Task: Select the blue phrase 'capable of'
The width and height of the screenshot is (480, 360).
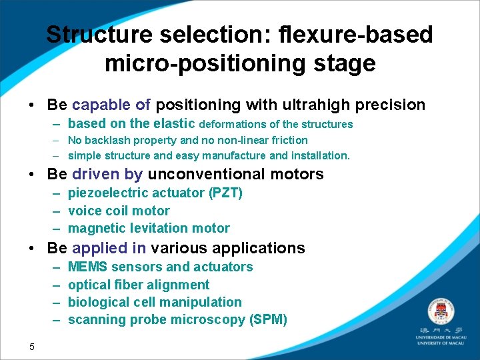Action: (x=111, y=105)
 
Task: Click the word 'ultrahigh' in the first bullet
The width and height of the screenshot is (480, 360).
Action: (x=304, y=105)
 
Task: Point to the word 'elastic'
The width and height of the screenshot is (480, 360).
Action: (x=173, y=123)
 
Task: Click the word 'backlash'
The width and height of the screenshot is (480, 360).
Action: (x=106, y=140)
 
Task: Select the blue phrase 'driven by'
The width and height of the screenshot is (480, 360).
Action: (x=107, y=175)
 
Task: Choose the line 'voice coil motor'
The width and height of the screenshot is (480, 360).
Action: (x=119, y=211)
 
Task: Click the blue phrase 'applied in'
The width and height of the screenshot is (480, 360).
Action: (x=109, y=249)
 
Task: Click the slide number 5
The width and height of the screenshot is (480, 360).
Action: (x=31, y=345)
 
